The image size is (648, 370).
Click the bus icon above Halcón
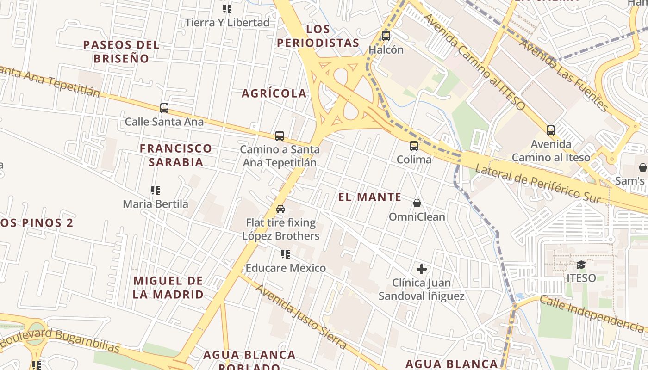pos(386,36)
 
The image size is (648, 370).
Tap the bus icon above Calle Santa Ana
pos(164,108)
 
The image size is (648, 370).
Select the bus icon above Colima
pos(414,146)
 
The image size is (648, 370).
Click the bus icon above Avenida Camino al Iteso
pos(550,130)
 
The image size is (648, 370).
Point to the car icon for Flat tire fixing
pos(280,209)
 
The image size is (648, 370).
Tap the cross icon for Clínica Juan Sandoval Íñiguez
pos(422,269)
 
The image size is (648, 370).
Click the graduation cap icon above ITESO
pos(581,265)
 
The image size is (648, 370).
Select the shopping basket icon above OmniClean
pos(417,203)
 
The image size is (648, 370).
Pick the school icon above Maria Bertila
pos(156,190)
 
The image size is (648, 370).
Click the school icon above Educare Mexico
pos(286,254)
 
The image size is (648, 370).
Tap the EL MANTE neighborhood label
pos(370,197)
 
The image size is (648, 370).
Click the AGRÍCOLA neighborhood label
pos(274,93)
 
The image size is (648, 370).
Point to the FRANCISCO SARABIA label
pos(176,155)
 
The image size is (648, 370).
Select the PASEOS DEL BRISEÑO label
pos(121,52)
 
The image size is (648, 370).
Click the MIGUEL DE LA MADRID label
pos(168,287)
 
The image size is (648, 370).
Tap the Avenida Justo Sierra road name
pos(301,316)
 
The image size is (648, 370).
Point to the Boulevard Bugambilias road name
pos(60,340)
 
